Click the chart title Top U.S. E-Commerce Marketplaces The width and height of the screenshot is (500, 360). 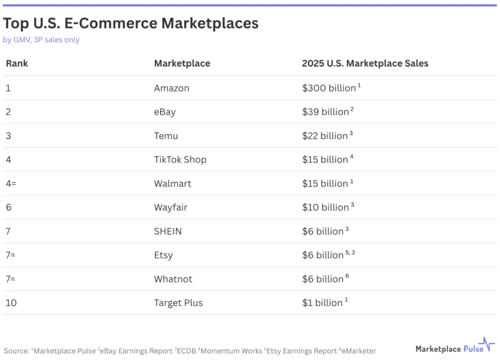(x=131, y=23)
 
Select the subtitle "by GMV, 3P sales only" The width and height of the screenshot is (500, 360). (x=41, y=40)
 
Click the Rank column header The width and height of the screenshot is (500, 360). (x=17, y=63)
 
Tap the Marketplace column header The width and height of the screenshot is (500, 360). (x=182, y=63)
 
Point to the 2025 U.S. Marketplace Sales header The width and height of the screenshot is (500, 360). (x=365, y=63)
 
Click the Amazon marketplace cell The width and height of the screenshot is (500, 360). (x=171, y=88)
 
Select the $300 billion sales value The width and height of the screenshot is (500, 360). (x=329, y=88)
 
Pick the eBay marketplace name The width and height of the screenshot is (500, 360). (x=165, y=112)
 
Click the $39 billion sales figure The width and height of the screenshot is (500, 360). (x=325, y=112)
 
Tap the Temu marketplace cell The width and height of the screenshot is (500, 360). (x=166, y=136)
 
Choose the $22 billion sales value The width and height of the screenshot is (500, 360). (x=325, y=136)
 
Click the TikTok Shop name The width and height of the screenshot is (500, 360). (x=180, y=160)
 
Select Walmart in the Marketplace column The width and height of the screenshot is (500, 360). (x=172, y=184)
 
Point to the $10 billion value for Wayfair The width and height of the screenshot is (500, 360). (x=325, y=207)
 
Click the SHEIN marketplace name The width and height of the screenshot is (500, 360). (x=168, y=231)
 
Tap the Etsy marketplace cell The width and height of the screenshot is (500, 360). (x=163, y=255)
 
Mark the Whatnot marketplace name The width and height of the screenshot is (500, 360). (x=173, y=279)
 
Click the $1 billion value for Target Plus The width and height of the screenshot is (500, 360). (x=322, y=303)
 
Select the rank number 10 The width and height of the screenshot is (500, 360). (x=11, y=303)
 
